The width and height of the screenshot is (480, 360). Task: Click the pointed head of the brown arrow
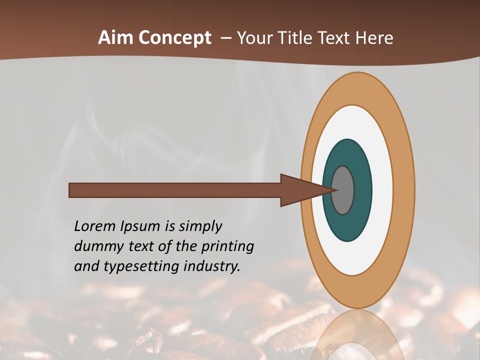tap(305, 190)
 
